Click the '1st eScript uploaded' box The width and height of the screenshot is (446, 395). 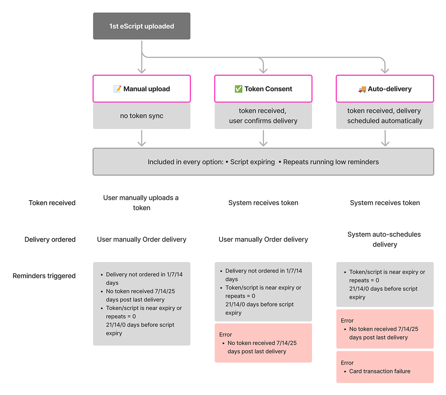pos(141,26)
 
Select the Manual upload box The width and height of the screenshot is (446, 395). pos(141,89)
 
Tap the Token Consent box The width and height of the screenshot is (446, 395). pos(263,89)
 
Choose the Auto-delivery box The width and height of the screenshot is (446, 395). pos(385,89)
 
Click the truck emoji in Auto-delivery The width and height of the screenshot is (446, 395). pos(362,89)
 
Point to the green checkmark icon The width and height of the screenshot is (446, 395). pos(238,89)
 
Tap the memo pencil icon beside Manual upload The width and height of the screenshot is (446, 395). pos(117,89)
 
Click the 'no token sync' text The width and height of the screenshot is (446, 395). pos(141,116)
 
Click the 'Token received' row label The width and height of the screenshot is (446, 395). pos(52,203)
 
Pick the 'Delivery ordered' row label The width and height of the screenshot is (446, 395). pos(50,239)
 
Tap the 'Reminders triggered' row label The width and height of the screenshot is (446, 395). pos(44,276)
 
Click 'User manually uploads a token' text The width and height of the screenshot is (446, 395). pos(141,203)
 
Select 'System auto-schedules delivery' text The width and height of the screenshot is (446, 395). pos(385,239)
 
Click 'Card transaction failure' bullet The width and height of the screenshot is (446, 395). pos(379,371)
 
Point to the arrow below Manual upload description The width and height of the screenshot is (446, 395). pos(141,138)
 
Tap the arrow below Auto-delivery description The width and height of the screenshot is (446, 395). pos(385,138)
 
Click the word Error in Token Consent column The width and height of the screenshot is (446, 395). pos(226,335)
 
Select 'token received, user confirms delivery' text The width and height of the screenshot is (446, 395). pos(263,116)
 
